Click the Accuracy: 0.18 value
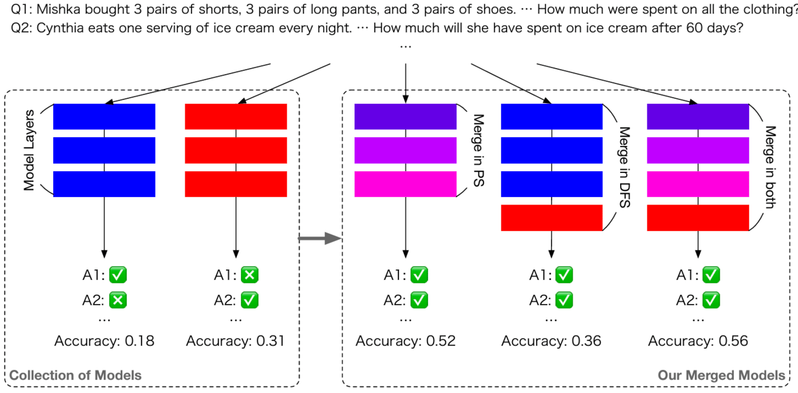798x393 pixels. tap(104, 340)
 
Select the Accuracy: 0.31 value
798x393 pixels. tap(235, 340)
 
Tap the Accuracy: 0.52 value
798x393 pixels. tap(405, 340)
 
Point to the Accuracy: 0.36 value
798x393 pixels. tap(551, 340)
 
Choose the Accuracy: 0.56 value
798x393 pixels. tap(698, 340)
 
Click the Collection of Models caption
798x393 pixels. tap(75, 375)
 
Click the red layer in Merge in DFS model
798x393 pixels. tap(551, 218)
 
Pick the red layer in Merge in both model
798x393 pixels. tap(698, 218)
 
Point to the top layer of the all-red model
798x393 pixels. tap(236, 116)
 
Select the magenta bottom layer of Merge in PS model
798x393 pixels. tap(405, 184)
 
